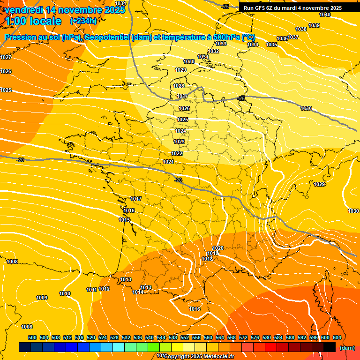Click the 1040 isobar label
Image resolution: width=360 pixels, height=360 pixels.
pyautogui.click(x=325, y=15)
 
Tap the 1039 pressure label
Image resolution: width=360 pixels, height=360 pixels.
pyautogui.click(x=314, y=25)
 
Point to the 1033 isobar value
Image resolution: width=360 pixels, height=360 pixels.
pyautogui.click(x=221, y=44)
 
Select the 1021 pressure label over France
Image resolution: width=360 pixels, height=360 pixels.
pyautogui.click(x=168, y=162)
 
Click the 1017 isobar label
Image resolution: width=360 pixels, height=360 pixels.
pyautogui.click(x=136, y=199)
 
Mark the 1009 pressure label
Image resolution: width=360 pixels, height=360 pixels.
pyautogui.click(x=42, y=298)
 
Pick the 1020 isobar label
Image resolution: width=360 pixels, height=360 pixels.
pyautogui.click(x=218, y=248)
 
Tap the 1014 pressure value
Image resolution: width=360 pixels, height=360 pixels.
pyautogui.click(x=137, y=292)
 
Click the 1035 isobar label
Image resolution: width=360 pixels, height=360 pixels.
pyautogui.click(x=271, y=45)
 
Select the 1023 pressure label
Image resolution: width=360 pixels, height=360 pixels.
pyautogui.click(x=179, y=142)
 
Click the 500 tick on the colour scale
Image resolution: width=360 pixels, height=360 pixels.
pyautogui.click(x=32, y=337)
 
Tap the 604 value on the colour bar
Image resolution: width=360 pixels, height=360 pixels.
pyautogui.click(x=337, y=337)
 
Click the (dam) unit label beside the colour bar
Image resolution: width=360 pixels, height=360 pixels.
pyautogui.click(x=347, y=348)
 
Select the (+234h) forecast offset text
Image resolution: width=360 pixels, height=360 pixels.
pyautogui.click(x=83, y=21)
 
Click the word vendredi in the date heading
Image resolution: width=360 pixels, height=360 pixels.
pyautogui.click(x=24, y=10)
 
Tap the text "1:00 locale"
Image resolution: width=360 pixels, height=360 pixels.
pyautogui.click(x=33, y=21)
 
